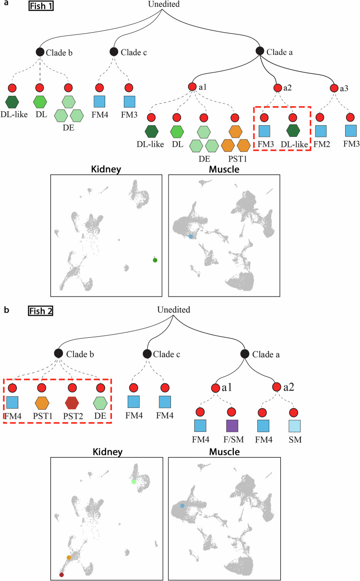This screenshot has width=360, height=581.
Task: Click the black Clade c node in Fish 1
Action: pos(114,51)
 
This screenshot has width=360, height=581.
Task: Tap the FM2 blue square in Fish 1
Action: pos(321,131)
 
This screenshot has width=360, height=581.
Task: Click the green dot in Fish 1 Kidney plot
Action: pos(155,260)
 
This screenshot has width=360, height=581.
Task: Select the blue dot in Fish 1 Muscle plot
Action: pos(191,237)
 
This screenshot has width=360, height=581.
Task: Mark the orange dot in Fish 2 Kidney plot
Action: pos(69,557)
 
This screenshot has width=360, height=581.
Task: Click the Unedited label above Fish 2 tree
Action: pos(174,310)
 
